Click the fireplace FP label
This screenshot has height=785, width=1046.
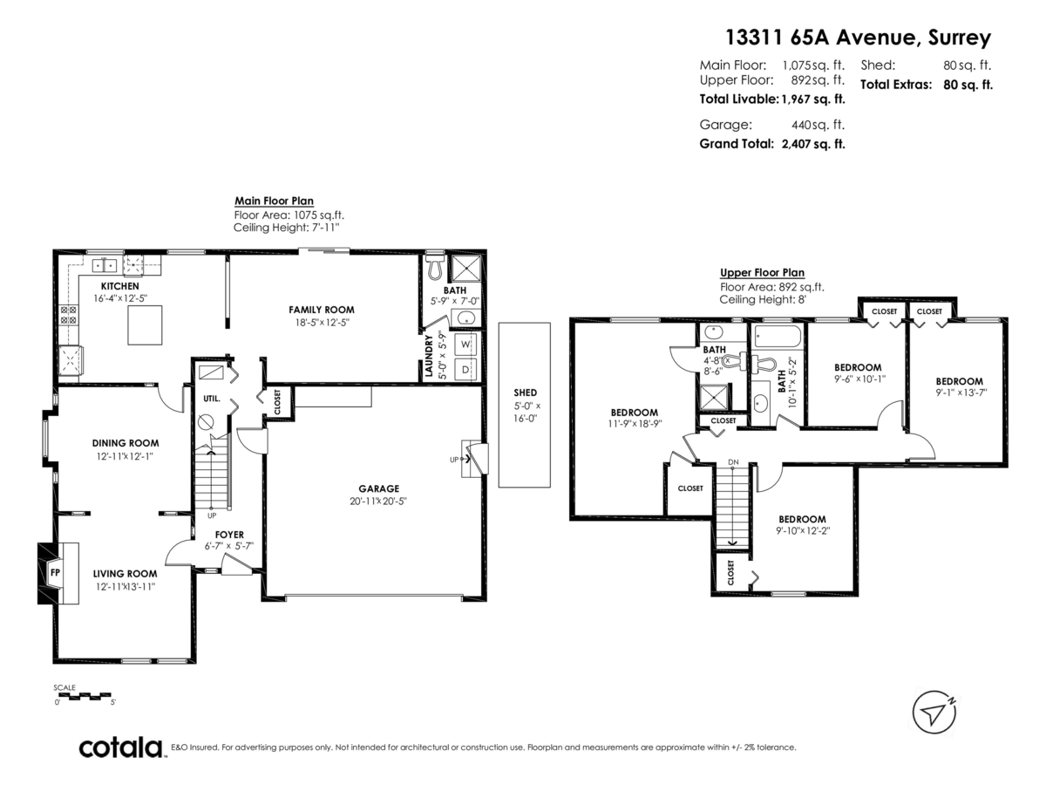tap(55, 572)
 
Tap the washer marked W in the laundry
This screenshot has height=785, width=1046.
tap(465, 345)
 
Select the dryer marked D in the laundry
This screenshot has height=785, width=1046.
tap(465, 369)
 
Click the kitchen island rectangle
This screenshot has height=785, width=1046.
tap(145, 325)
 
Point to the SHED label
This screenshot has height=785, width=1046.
tap(525, 392)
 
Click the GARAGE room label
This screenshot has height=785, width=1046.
tap(379, 488)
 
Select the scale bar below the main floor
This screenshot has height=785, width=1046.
tap(85, 696)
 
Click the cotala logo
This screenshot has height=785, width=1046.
tap(121, 747)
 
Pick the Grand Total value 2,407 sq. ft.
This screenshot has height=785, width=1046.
tap(813, 144)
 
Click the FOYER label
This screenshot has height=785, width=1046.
tap(229, 535)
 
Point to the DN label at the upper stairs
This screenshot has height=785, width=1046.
tap(733, 462)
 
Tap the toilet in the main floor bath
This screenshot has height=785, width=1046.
tap(434, 267)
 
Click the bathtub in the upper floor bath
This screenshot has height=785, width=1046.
tap(778, 336)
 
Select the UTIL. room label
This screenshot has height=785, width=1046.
tap(212, 399)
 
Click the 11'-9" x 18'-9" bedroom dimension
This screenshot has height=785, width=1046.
tap(635, 424)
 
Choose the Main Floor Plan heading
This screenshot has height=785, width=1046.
tap(274, 201)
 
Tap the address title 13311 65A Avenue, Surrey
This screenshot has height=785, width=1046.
tap(858, 38)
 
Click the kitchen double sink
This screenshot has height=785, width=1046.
tap(105, 264)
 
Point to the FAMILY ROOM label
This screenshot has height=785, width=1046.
tap(322, 310)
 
